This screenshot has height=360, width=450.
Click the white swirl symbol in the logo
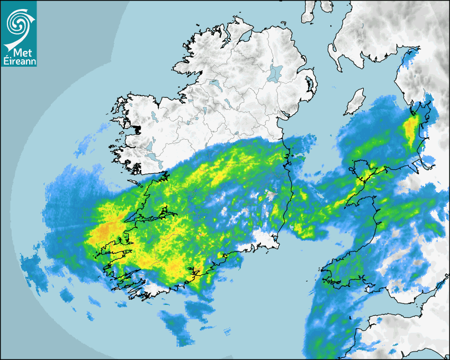(17, 22)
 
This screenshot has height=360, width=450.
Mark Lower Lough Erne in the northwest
(214, 84)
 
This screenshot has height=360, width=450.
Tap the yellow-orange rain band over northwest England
(411, 130)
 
